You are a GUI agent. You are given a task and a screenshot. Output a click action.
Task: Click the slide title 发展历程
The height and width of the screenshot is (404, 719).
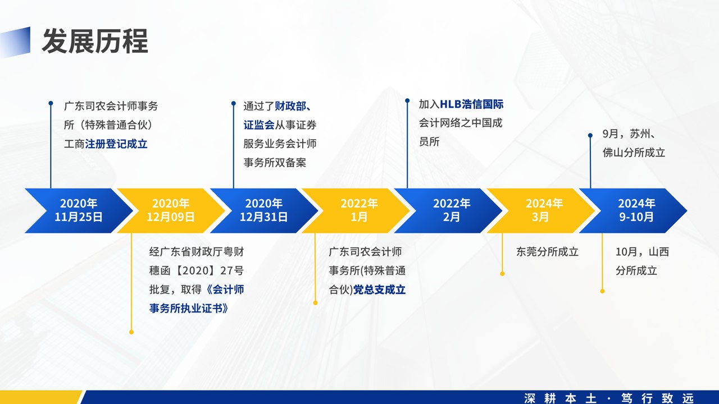click(x=95, y=41)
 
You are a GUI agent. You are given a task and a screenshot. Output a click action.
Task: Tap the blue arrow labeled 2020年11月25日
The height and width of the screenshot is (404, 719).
click(x=79, y=210)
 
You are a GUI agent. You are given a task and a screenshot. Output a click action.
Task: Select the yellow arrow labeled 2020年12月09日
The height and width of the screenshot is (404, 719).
click(x=171, y=210)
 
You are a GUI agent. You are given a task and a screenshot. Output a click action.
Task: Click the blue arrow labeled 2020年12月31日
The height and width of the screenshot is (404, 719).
click(x=264, y=210)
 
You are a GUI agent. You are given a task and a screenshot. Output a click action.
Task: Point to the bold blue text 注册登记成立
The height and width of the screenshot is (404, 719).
click(x=116, y=144)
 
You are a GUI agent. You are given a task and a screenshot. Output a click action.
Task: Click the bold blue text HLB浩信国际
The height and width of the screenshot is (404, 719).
click(x=471, y=104)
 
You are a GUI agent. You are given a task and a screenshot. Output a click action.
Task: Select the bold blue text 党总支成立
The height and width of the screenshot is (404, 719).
click(x=379, y=290)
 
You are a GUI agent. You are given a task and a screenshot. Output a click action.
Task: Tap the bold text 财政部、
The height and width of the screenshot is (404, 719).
click(x=293, y=106)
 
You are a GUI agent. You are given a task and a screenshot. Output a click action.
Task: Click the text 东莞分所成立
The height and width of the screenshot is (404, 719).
click(x=548, y=252)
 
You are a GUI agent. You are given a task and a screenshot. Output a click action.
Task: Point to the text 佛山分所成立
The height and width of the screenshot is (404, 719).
click(x=634, y=153)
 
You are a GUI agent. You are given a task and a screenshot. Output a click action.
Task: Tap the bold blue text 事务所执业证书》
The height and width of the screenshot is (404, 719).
click(x=189, y=309)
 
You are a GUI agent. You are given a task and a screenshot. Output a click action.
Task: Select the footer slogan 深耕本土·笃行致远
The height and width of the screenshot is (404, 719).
click(x=609, y=398)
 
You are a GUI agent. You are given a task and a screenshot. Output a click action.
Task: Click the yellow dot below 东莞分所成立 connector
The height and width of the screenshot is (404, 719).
click(x=502, y=274)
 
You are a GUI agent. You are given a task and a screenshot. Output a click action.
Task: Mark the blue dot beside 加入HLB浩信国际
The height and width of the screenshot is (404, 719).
click(x=407, y=100)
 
